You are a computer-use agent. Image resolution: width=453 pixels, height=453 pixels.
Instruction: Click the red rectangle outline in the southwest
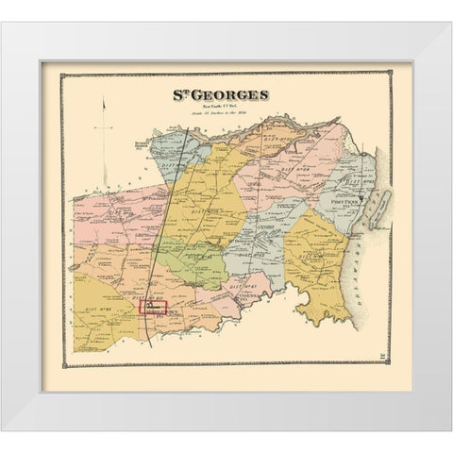[x=153, y=306]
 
